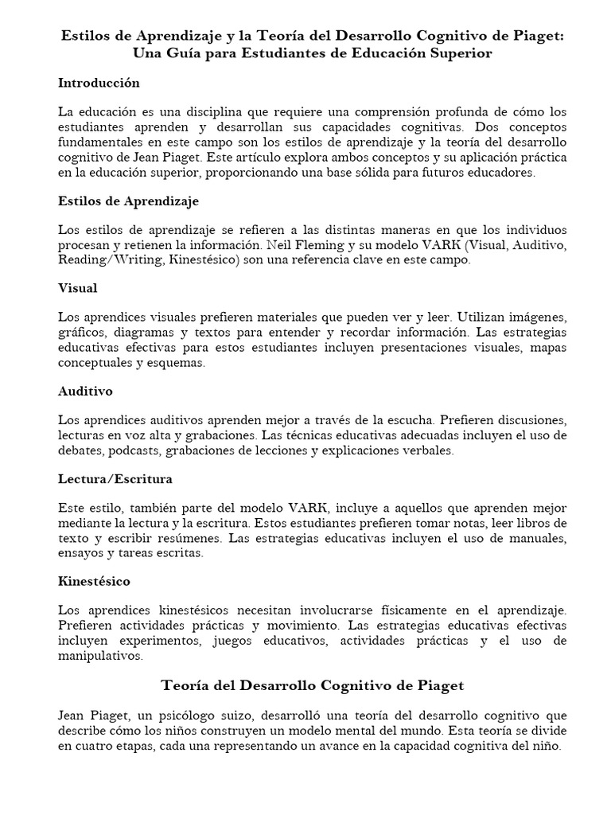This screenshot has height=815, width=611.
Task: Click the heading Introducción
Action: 99,83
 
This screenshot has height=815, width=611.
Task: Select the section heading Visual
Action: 78,287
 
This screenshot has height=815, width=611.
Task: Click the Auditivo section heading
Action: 85,391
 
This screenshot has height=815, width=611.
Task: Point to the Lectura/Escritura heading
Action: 115,479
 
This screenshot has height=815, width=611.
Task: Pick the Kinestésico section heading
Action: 94,582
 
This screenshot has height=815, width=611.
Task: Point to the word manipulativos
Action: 100,657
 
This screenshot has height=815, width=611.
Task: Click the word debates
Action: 80,450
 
